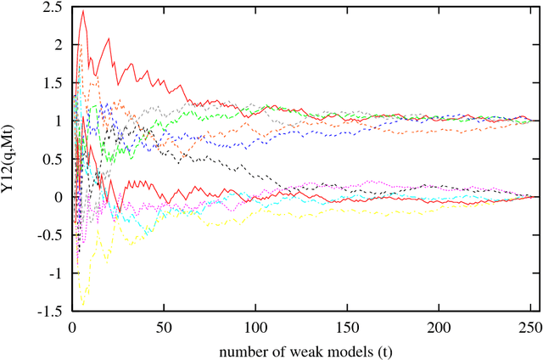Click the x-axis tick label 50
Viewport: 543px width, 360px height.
pyautogui.click(x=163, y=326)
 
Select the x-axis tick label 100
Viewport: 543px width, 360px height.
pyautogui.click(x=255, y=326)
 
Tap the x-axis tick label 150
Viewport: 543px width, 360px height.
pyautogui.click(x=347, y=326)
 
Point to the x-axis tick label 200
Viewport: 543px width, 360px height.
pyautogui.click(x=439, y=326)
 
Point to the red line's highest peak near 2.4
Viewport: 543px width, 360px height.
pyautogui.click(x=82, y=11)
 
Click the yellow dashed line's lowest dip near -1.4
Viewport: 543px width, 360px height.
pyautogui.click(x=83, y=304)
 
